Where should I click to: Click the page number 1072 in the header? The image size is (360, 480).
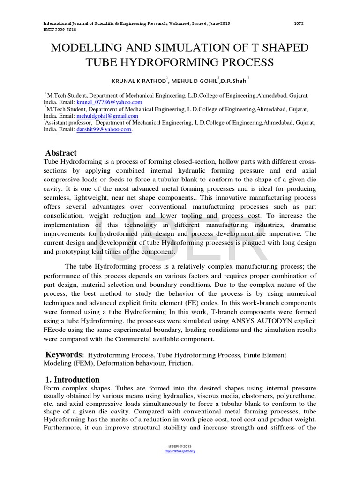300,23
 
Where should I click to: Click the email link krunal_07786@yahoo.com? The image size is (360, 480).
109,102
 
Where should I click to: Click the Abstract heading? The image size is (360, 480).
61,153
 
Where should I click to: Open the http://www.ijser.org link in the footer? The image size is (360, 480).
180,450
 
